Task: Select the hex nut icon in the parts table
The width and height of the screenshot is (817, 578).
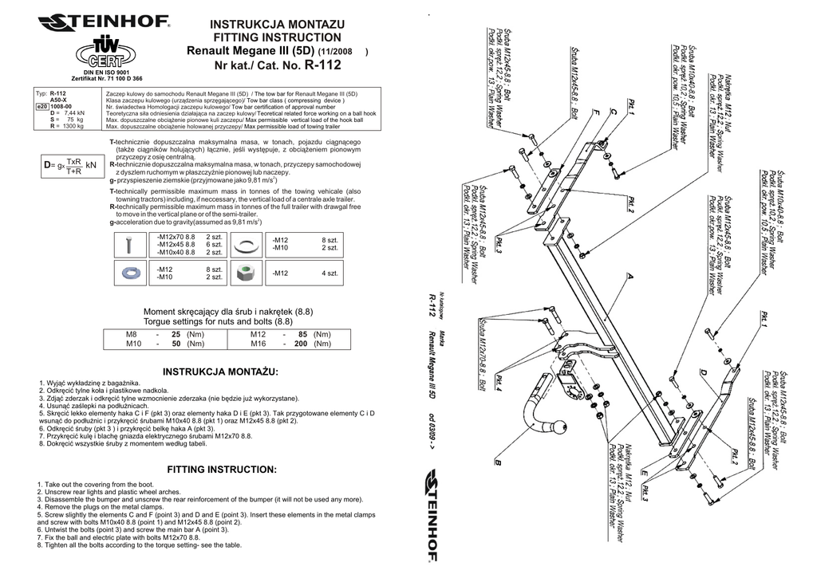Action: click(x=246, y=273)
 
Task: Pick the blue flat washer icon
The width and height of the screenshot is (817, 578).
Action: click(x=132, y=273)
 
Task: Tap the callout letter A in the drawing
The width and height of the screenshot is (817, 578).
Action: click(x=630, y=277)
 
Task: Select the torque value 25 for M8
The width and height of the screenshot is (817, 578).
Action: click(x=177, y=334)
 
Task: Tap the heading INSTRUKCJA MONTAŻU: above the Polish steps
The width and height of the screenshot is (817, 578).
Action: click(x=220, y=372)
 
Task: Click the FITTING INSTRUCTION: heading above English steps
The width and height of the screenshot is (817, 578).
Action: click(x=222, y=470)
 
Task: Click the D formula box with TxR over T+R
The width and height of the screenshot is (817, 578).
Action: click(x=71, y=166)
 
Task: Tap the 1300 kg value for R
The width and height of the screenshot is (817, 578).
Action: click(x=73, y=126)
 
